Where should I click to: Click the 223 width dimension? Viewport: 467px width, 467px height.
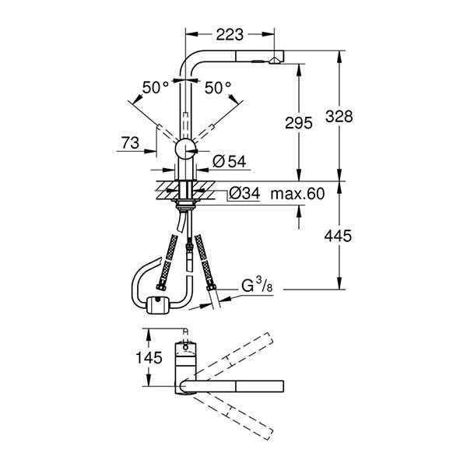(230, 34)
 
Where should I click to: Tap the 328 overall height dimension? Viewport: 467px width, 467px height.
(341, 116)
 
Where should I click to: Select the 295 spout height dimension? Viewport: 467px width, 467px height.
(299, 122)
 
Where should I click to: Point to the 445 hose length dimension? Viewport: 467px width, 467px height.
(341, 235)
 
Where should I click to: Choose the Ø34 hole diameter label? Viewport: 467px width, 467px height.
(245, 194)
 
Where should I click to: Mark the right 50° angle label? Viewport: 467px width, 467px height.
(218, 87)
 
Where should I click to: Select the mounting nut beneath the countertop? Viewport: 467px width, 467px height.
(185, 205)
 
